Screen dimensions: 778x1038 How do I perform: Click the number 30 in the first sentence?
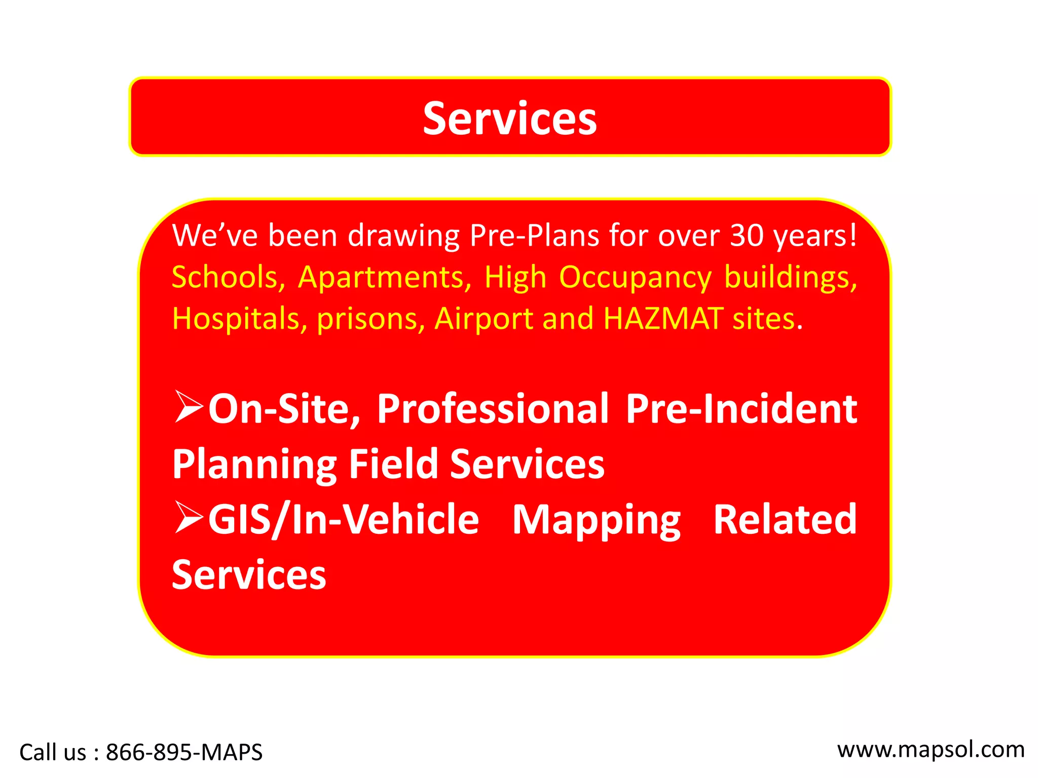[747, 236]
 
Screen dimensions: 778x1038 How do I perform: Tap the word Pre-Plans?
[534, 236]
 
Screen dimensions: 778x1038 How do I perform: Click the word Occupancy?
[635, 279]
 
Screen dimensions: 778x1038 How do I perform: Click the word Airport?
[484, 320]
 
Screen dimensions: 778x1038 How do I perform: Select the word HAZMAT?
[663, 319]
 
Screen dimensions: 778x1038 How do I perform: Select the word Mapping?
[596, 520]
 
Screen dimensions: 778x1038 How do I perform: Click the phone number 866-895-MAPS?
[184, 752]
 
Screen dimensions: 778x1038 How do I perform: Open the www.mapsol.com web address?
[931, 750]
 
